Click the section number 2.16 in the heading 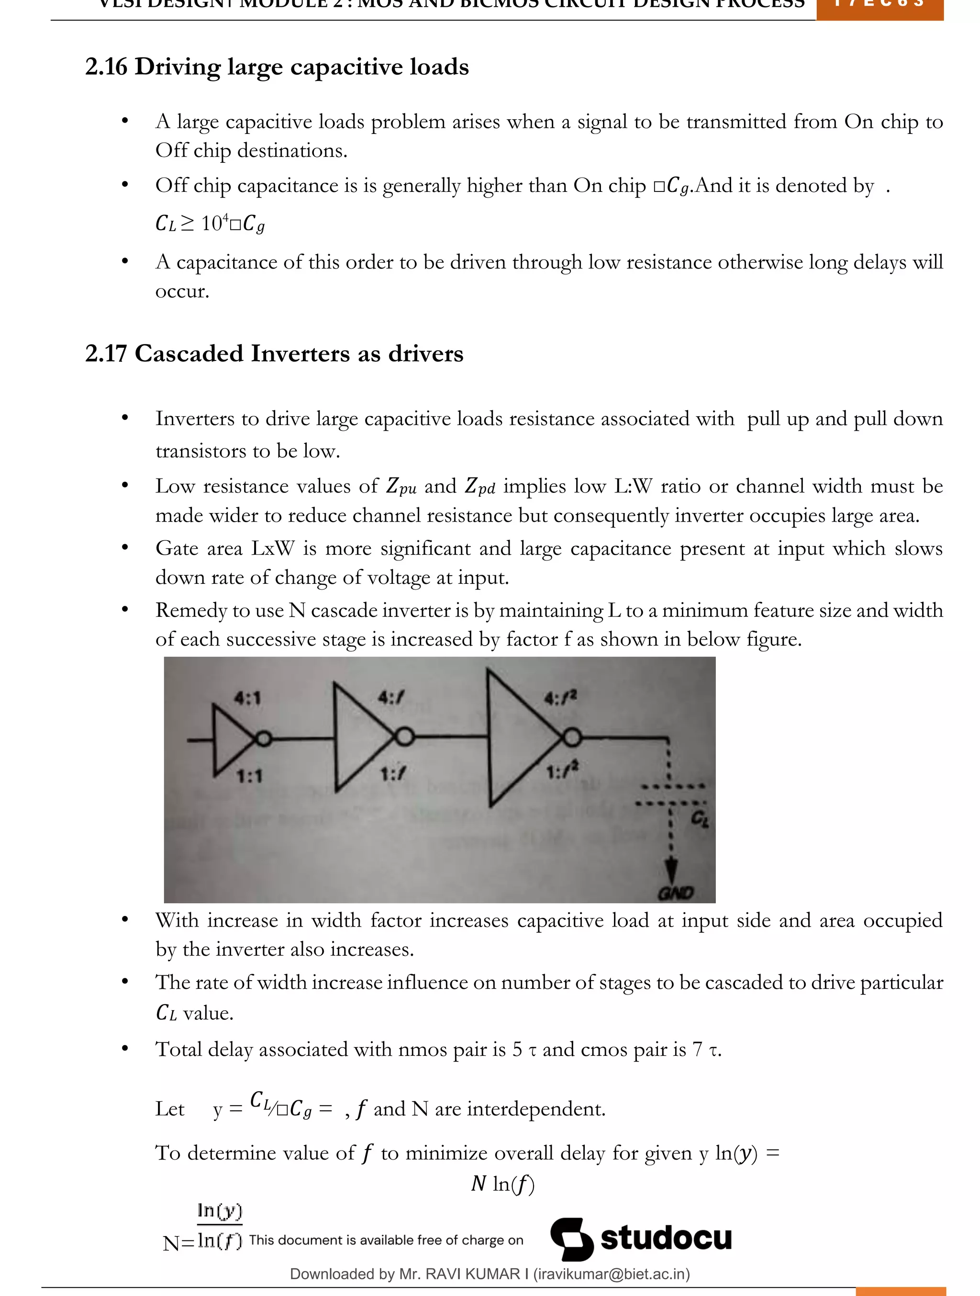[106, 67]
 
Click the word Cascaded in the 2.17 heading [189, 353]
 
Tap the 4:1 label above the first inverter [248, 698]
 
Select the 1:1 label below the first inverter [249, 777]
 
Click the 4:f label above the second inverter [391, 697]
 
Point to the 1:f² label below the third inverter [562, 771]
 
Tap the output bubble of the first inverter [264, 739]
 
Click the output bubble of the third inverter [572, 737]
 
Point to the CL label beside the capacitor [700, 818]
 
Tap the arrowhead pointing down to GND [672, 870]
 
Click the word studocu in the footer [666, 1238]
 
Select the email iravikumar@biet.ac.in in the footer [611, 1274]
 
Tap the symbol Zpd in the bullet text [480, 486]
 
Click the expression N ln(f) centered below [502, 1184]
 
